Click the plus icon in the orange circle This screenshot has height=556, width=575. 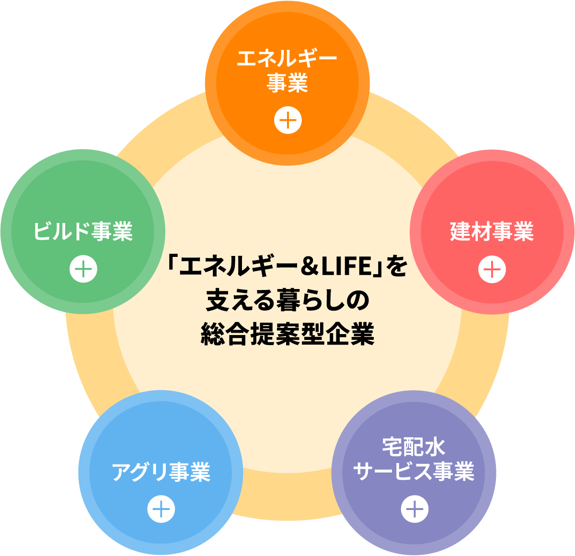click(x=288, y=120)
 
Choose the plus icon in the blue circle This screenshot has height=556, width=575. click(x=161, y=509)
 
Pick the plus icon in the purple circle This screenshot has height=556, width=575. click(x=414, y=509)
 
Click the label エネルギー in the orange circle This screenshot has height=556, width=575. click(x=287, y=59)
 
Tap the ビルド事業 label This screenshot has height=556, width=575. click(x=83, y=232)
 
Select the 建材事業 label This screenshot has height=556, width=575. click(x=492, y=232)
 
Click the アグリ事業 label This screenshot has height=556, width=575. click(x=161, y=472)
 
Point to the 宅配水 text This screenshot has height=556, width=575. click(x=414, y=447)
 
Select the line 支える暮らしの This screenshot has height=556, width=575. click(x=287, y=301)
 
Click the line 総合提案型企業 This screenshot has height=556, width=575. click(x=287, y=334)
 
